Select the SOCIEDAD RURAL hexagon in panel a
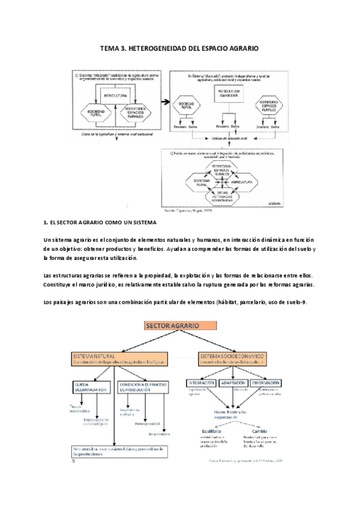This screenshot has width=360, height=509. (99, 112)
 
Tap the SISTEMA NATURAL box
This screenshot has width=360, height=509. (118, 359)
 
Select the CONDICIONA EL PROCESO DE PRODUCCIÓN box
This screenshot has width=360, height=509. (144, 386)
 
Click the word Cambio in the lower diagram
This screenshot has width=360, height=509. (259, 431)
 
